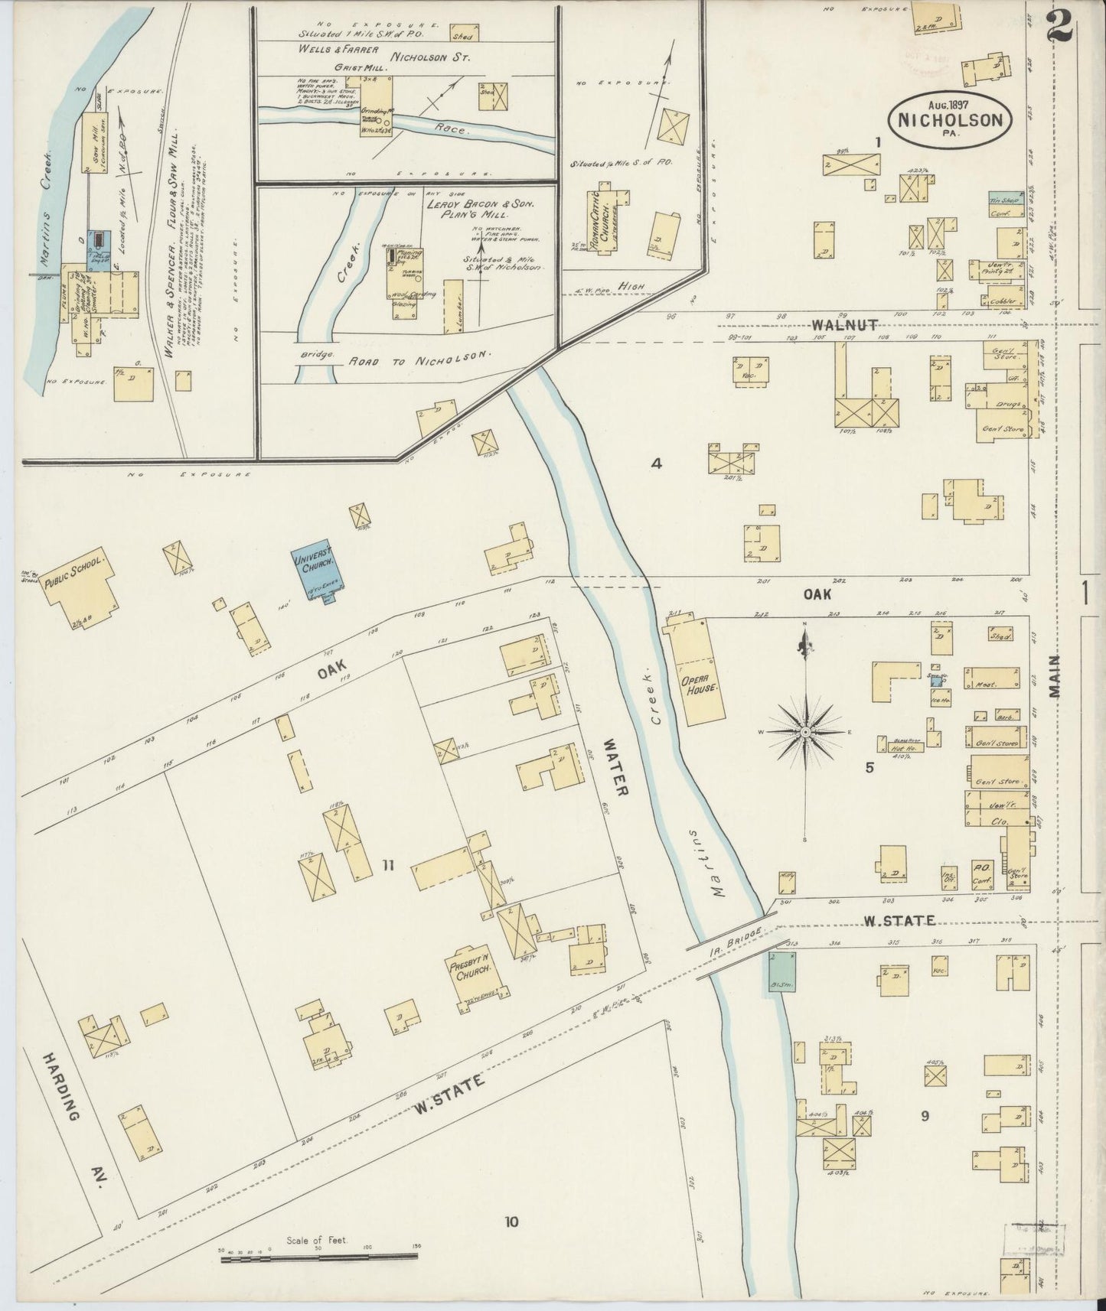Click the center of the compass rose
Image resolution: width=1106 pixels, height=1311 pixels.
(805, 732)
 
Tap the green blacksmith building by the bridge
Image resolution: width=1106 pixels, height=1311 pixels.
(781, 972)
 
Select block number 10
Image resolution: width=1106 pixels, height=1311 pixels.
(511, 1222)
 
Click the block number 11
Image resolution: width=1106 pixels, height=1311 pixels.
(388, 865)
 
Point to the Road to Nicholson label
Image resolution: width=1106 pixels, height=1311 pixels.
(420, 356)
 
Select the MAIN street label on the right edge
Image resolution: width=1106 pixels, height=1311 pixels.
(1056, 676)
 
